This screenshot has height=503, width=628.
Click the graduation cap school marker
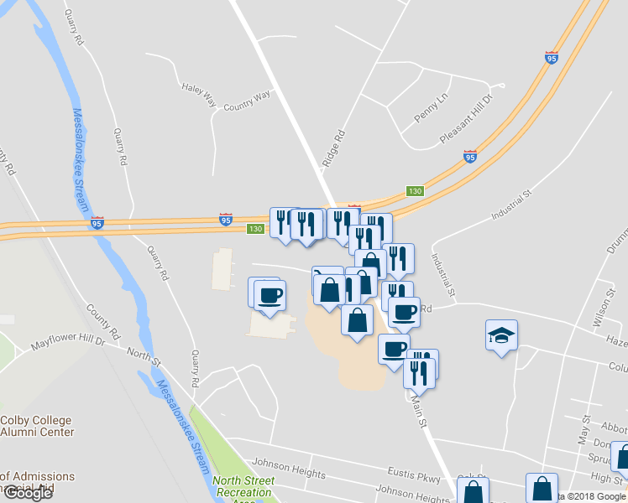(x=502, y=335)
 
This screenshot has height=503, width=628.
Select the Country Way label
(x=248, y=101)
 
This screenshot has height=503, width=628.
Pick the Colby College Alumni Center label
(x=37, y=426)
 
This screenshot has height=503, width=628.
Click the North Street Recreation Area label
(x=243, y=487)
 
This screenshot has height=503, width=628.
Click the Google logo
(x=28, y=493)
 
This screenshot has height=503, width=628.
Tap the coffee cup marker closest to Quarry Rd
(x=270, y=296)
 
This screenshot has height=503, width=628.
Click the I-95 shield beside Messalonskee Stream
(x=97, y=223)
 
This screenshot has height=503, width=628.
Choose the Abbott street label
(x=612, y=425)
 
